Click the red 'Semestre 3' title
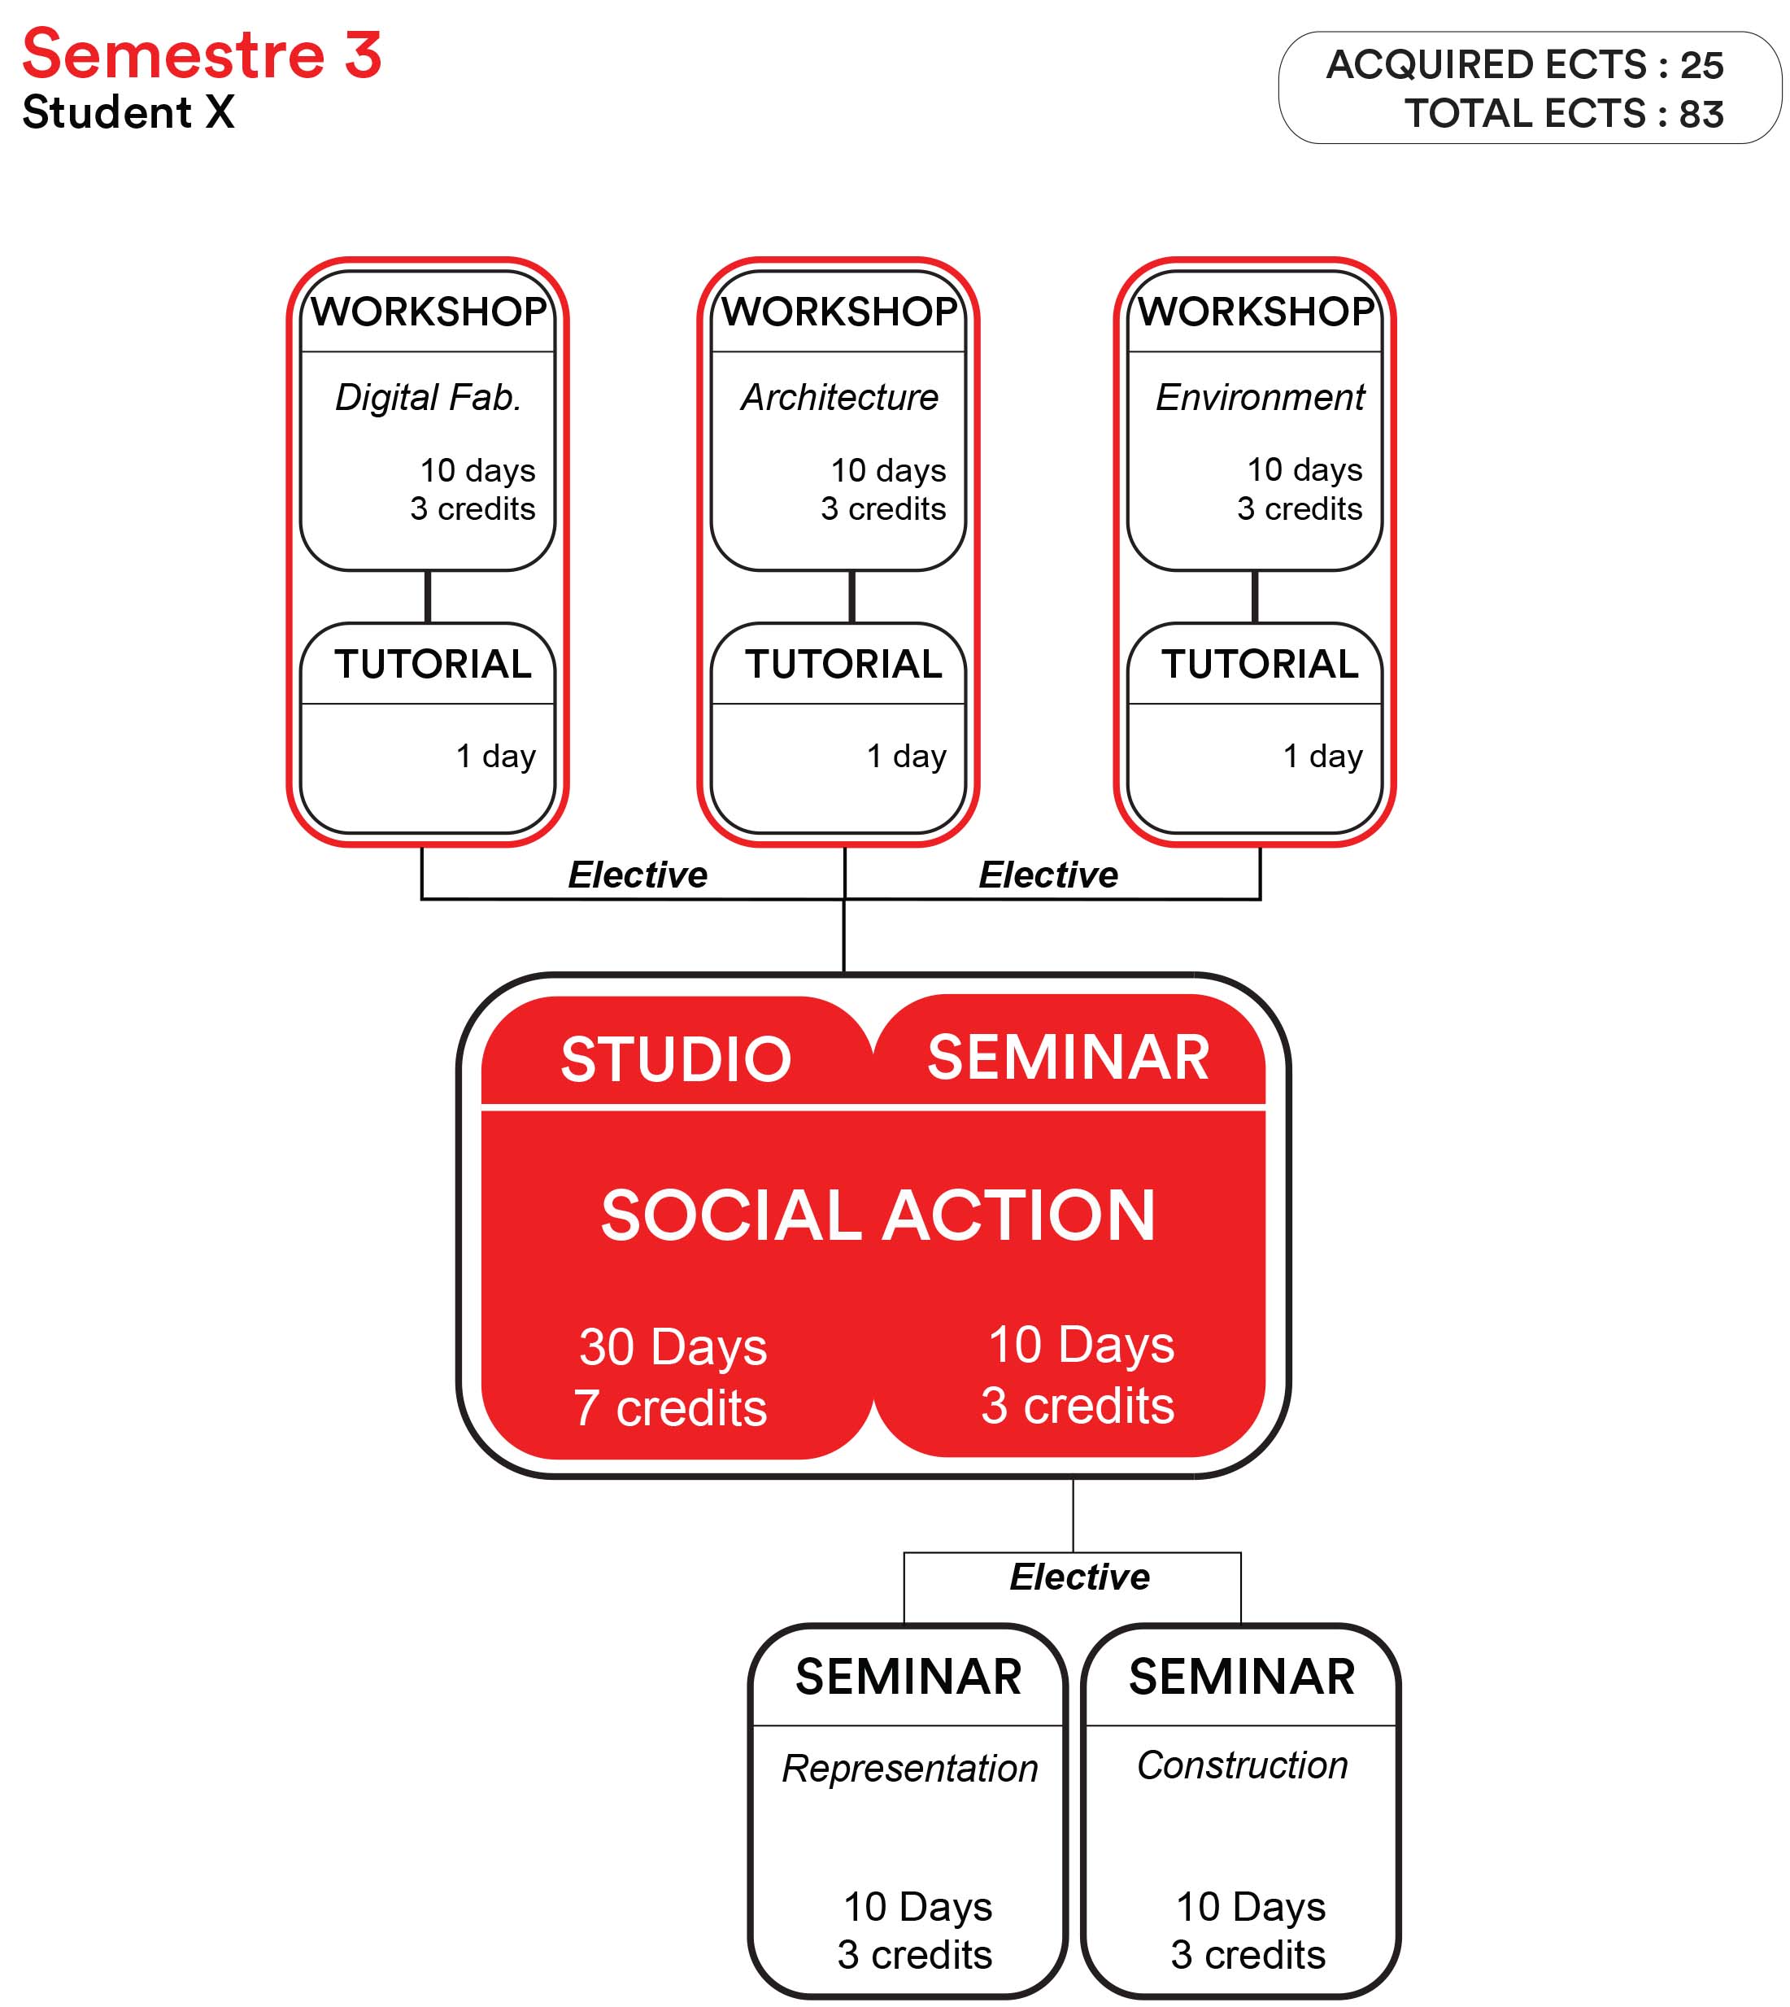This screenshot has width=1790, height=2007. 202,55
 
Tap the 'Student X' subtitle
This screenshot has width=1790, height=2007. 128,112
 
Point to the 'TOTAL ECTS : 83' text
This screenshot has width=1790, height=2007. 1564,114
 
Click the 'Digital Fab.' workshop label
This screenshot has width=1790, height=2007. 428,398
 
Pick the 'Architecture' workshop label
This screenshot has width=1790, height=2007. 840,398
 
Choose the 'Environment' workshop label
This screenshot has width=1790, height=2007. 1260,398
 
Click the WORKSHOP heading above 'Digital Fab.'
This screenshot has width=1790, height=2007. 429,312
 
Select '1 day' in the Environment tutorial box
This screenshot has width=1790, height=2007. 1323,756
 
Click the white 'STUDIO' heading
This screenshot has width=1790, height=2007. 677,1058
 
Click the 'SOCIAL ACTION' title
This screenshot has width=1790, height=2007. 878,1215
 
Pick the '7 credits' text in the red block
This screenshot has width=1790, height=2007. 671,1408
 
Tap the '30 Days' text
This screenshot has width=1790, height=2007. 673,1348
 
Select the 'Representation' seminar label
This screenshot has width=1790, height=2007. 910,1769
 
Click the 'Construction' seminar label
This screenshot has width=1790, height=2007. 1242,1766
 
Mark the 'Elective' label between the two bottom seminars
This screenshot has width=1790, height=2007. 1080,1577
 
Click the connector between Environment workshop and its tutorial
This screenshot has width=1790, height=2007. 1255,596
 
